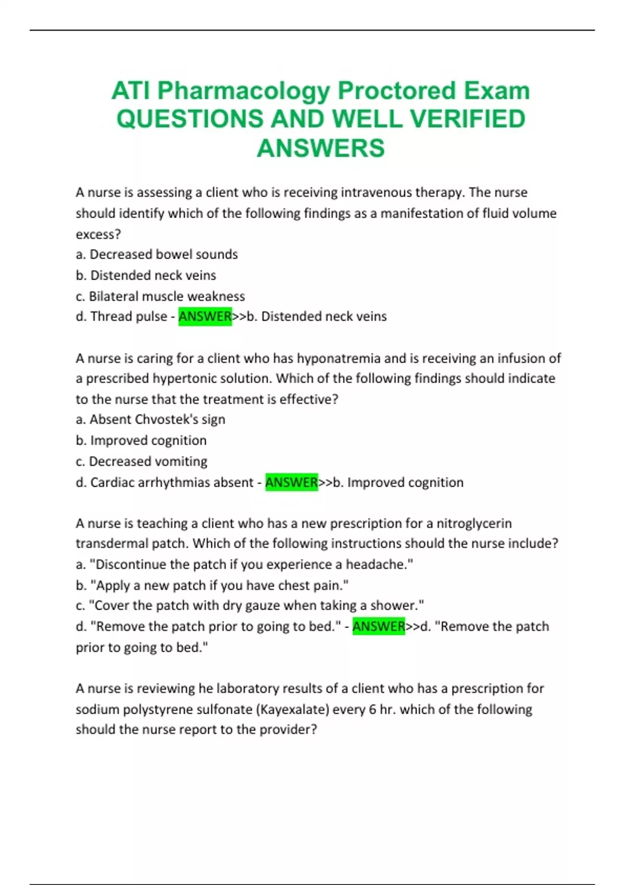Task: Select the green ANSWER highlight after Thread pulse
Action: coord(205,317)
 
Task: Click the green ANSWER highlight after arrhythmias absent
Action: coord(291,483)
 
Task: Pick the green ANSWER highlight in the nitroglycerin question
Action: coord(379,626)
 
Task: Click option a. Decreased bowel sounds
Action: coord(157,255)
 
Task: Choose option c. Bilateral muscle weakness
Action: coord(160,296)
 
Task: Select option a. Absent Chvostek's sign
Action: coord(151,420)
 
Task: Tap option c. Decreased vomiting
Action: coord(142,461)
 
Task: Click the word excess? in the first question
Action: coord(98,234)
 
